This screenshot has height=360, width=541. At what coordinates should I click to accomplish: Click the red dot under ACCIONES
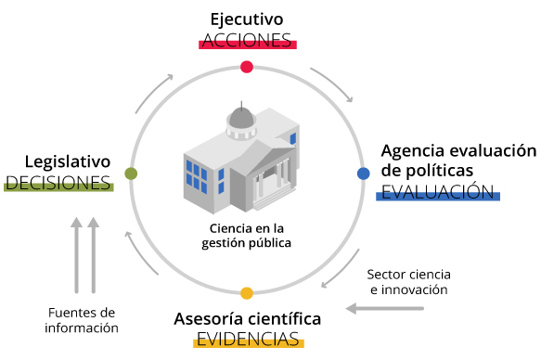coord(247,66)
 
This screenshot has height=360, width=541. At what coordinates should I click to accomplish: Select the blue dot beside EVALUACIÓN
coord(363,173)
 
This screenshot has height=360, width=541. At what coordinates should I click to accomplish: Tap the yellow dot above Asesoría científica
coord(247,293)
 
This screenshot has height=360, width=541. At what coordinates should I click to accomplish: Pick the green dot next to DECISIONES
coord(131,174)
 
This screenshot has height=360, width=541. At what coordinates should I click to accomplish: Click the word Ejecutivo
coord(247,19)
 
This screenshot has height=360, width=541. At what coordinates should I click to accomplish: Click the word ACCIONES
coord(247,40)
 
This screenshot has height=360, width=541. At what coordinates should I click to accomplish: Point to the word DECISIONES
coord(58,182)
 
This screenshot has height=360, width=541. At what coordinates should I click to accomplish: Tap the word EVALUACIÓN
coord(437,192)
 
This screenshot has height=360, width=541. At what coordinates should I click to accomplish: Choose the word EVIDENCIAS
coord(248,339)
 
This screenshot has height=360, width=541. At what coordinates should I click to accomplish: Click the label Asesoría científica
coord(248,318)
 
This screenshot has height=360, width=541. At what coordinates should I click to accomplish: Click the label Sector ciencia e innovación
coord(407,281)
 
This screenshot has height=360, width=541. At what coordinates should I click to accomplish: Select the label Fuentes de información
coord(84,319)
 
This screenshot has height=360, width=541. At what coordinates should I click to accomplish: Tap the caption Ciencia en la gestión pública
coord(246,236)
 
